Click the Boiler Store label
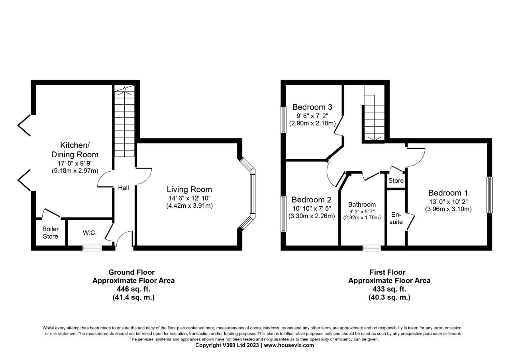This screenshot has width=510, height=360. coord(51,233)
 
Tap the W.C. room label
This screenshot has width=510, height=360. coord(90,233)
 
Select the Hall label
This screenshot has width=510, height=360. coord(124,188)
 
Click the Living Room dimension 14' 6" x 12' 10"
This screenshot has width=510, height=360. coord(189,198)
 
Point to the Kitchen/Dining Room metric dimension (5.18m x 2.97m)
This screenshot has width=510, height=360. coord(75,171)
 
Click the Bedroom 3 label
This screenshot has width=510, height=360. coord(312,107)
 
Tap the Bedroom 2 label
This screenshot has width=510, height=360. coord(312,200)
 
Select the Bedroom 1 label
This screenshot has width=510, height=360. coord(448,193)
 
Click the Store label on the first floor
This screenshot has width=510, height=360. coord(396,181)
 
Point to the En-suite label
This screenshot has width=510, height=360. coord(396,218)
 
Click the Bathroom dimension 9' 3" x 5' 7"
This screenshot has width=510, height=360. coord(362,211)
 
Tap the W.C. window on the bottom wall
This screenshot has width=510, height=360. coord(92,248)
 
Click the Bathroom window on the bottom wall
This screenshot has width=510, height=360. coord(372,248)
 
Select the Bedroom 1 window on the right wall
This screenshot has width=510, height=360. coord(490,195)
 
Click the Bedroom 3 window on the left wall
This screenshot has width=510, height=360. coord(283,120)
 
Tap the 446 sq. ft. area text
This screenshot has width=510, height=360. coord(133,289)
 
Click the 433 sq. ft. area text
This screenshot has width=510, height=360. coord(389,289)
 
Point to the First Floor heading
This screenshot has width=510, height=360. coord(388,272)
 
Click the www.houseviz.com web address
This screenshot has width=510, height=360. coord(289,345)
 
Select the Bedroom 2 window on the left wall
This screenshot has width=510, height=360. coord(283,214)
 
